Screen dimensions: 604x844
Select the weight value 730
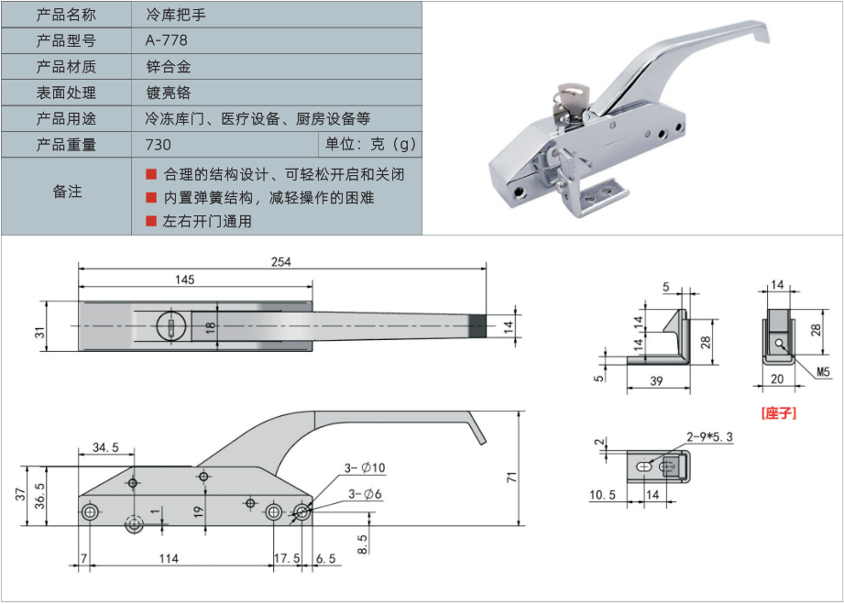[x=158, y=145]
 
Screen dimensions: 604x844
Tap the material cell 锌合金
[x=168, y=67]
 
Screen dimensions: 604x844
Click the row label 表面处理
[x=66, y=93]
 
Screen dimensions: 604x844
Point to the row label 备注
[x=67, y=192]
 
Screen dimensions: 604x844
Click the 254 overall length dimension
[x=280, y=261]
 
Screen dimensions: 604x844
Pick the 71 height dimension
[x=511, y=477]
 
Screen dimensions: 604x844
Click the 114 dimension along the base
[x=168, y=557]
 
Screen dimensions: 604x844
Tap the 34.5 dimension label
[x=106, y=447]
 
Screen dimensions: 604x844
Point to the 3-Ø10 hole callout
[x=366, y=468]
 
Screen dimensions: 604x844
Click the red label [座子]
[x=779, y=413]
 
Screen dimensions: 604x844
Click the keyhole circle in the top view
[x=169, y=326]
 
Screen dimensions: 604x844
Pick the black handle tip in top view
[x=477, y=326]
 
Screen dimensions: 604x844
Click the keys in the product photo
[x=569, y=99]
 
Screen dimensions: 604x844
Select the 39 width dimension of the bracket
[x=658, y=380]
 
